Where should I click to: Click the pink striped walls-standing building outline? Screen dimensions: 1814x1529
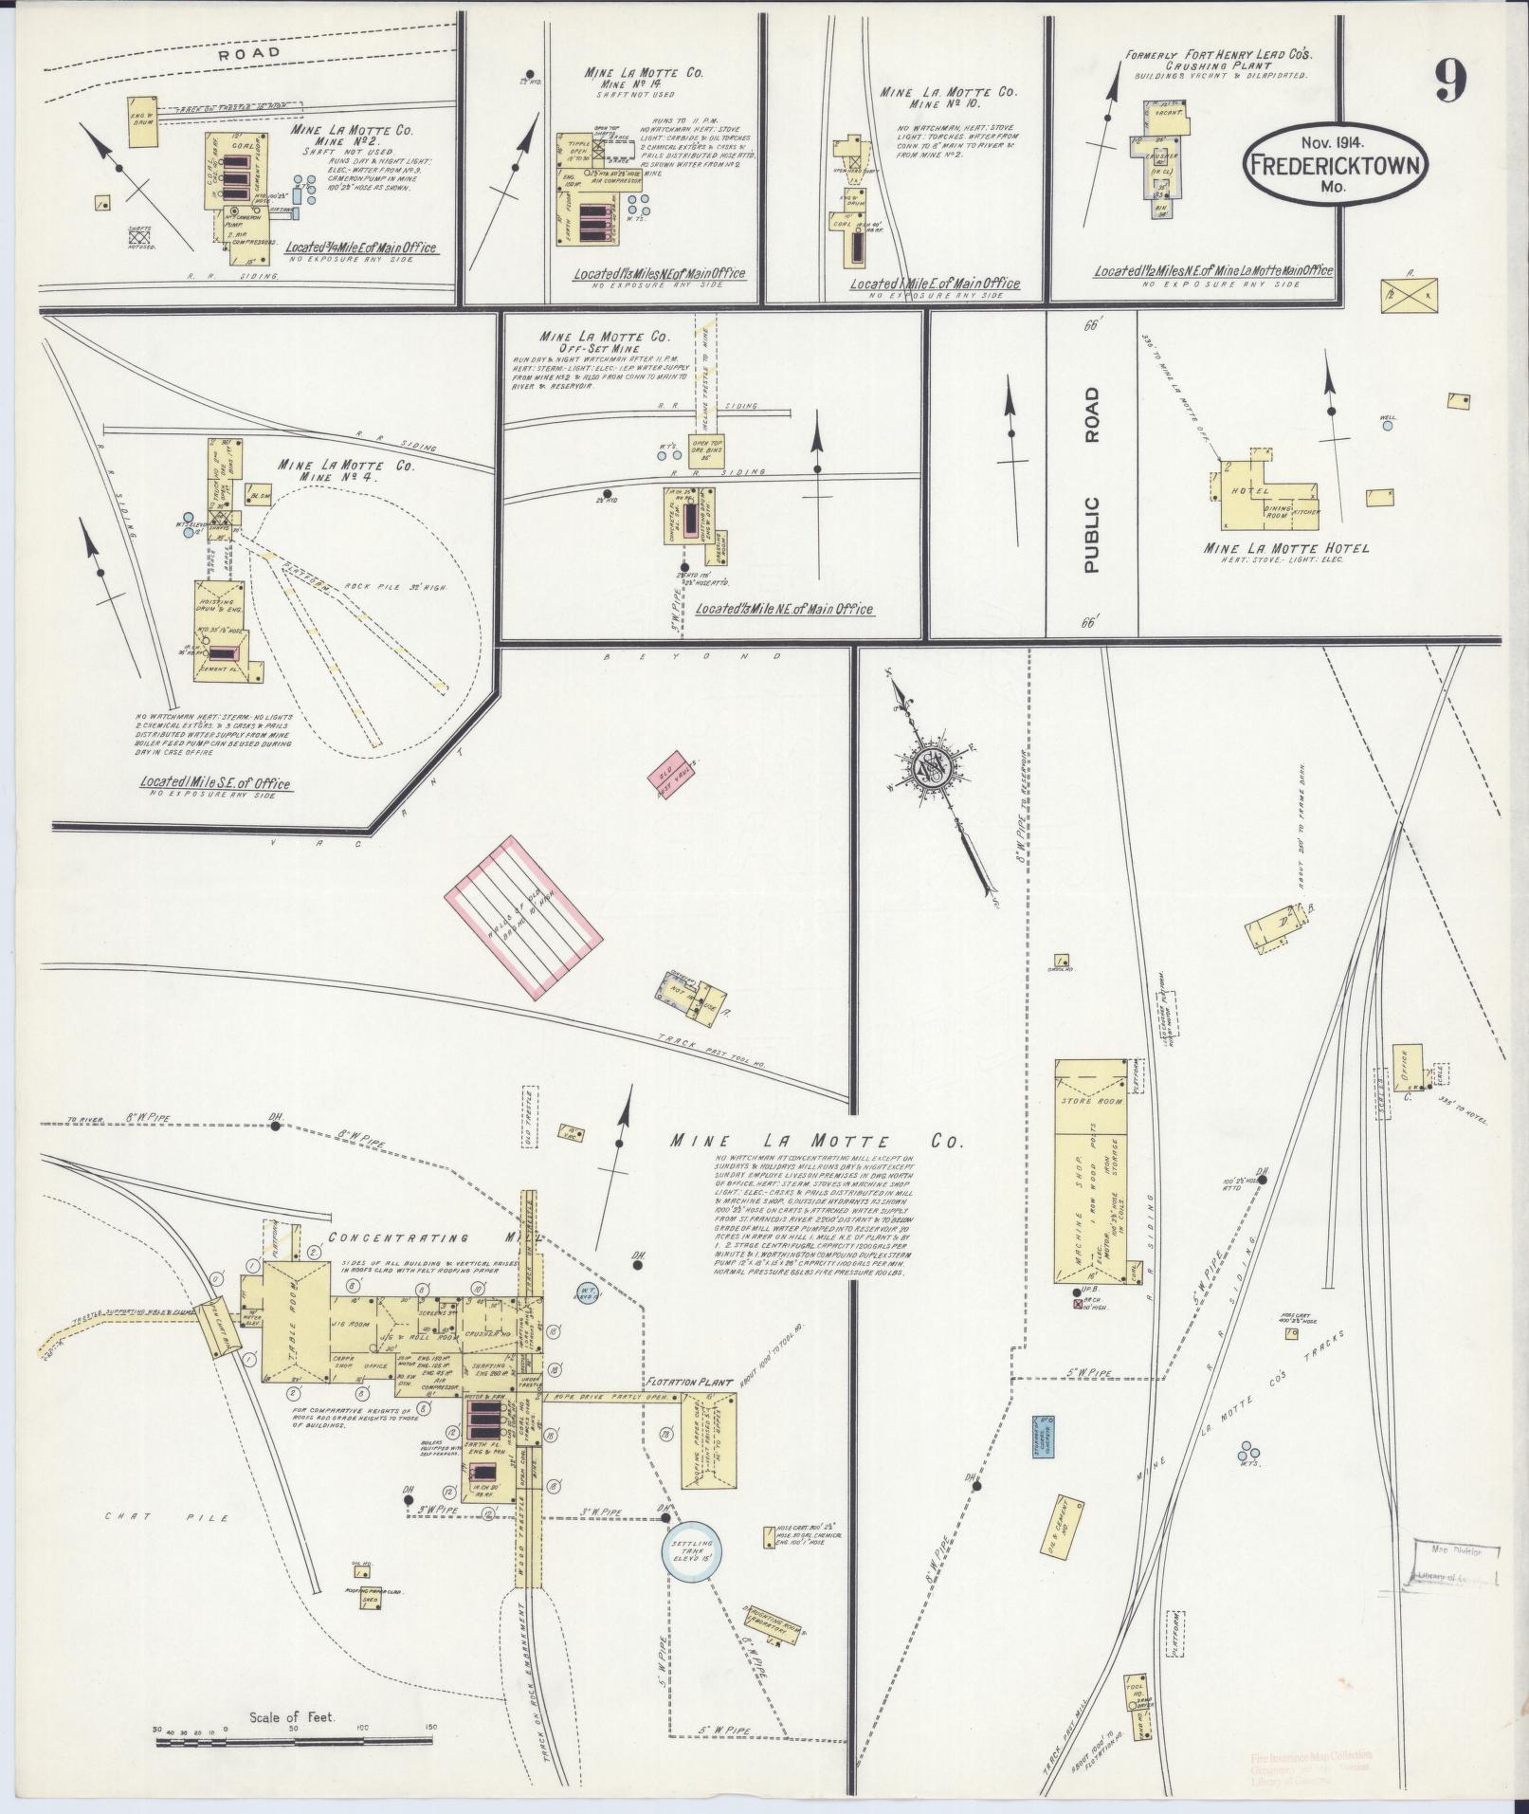(524, 915)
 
